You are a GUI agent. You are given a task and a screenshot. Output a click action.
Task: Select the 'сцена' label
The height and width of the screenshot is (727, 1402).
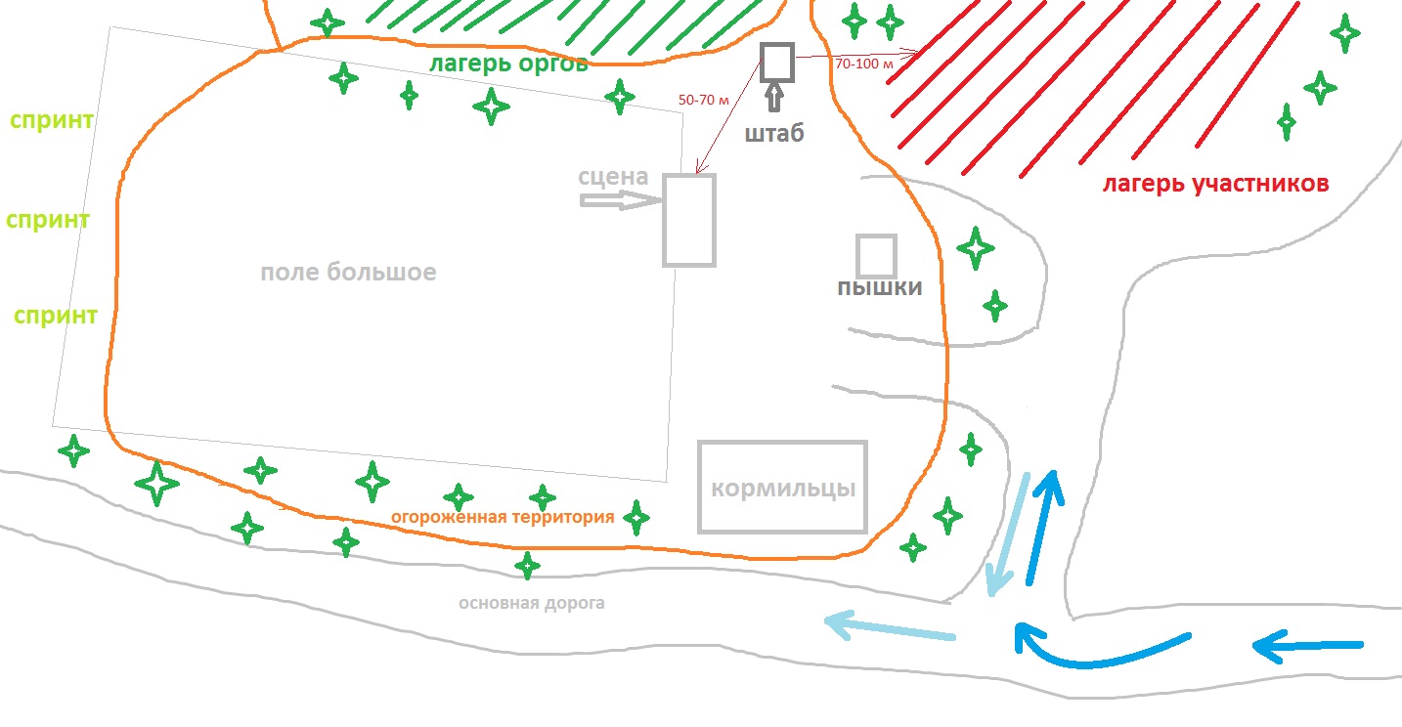(613, 177)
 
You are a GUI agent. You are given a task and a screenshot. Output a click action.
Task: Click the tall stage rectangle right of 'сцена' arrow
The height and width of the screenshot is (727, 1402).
(689, 220)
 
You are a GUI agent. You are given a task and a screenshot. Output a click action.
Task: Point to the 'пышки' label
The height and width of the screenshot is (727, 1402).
(879, 287)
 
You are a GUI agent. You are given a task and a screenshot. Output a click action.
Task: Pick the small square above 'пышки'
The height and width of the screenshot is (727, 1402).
(876, 256)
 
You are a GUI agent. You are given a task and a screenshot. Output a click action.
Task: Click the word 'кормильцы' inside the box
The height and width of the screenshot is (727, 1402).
(782, 488)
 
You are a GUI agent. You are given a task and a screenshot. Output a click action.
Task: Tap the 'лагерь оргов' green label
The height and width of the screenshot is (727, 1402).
(509, 64)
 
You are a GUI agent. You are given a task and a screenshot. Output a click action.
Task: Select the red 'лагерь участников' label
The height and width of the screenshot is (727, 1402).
(1215, 184)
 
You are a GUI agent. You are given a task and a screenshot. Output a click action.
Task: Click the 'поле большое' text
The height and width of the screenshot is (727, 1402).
(348, 272)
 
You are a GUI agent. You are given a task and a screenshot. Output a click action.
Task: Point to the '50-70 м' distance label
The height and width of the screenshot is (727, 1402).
(704, 100)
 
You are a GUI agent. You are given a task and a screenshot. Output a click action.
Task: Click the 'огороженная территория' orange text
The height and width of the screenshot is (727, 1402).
(503, 517)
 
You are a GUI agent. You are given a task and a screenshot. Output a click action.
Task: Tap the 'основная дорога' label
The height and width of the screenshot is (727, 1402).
(532, 603)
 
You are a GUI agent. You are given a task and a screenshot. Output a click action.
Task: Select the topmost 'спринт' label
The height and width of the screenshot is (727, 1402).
(52, 121)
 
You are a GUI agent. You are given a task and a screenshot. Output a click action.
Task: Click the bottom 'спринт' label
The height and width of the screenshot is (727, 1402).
(56, 316)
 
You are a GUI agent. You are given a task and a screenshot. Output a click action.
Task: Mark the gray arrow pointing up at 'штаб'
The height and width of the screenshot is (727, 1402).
(774, 97)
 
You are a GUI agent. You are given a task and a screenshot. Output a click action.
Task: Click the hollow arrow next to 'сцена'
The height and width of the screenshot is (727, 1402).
(620, 200)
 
